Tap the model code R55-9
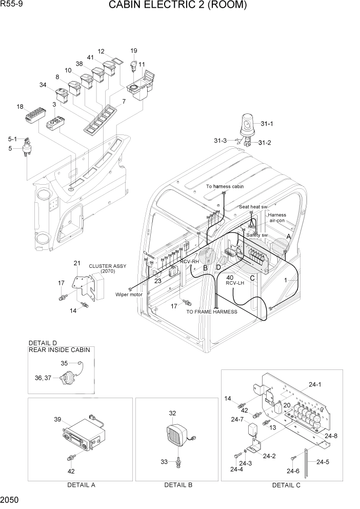coord(11,5)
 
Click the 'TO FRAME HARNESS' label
coord(211,311)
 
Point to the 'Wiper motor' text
coord(129,295)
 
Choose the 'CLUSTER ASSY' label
coord(107,266)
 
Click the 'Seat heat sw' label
coord(253,207)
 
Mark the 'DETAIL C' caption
coord(286,485)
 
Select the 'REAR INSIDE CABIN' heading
coord(59,350)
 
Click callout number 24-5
coord(323,462)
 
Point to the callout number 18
coord(20,107)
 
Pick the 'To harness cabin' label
coord(225,187)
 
